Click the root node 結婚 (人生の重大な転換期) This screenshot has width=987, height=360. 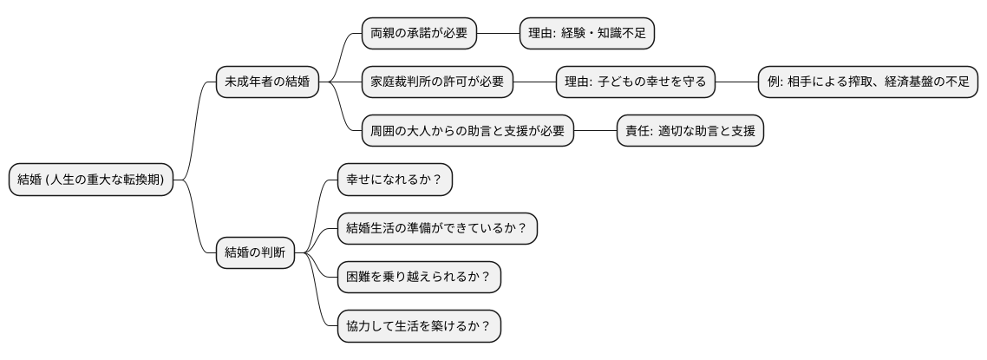click(90, 180)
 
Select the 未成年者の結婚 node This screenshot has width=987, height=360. click(267, 83)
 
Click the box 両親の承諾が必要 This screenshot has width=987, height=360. click(419, 34)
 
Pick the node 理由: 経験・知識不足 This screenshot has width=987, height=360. click(586, 34)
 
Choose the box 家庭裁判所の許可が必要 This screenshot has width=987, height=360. click(437, 83)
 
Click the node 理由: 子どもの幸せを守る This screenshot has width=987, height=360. click(636, 83)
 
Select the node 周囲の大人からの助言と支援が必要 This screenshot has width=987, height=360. click(467, 132)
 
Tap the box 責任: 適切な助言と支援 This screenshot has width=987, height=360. click(690, 132)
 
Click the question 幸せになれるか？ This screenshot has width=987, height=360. click(395, 180)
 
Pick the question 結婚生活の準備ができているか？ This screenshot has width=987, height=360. click(437, 230)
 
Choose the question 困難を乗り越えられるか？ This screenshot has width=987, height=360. click(419, 278)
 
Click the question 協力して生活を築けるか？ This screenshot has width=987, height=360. click(419, 328)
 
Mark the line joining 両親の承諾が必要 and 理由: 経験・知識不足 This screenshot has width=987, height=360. click(498, 34)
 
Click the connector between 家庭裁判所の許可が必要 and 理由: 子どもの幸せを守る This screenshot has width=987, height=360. click(534, 83)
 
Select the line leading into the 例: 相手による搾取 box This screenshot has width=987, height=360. click(737, 83)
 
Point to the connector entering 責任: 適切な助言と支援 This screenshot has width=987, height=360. click(595, 132)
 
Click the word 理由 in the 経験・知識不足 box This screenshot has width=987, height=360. click(541, 34)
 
